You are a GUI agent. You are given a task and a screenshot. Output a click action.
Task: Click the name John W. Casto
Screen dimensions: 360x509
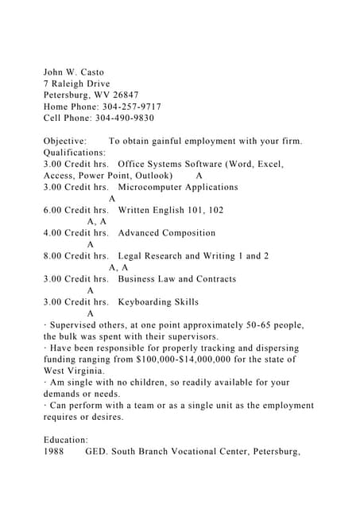73,72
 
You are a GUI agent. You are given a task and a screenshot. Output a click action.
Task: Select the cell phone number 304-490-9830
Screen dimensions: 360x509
126,118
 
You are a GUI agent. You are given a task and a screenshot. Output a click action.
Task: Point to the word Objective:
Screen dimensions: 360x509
65,141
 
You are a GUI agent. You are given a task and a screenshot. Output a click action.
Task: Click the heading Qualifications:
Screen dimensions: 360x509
74,152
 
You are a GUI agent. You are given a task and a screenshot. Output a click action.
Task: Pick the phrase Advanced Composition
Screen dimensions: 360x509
167,233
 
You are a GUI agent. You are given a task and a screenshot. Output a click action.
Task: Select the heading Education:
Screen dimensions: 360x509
66,440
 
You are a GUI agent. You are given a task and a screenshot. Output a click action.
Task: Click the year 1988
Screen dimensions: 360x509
56,452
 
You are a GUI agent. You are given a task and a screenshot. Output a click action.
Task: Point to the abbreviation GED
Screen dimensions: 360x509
98,452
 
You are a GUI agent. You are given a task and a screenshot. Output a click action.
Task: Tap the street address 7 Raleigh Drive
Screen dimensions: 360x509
76,84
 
